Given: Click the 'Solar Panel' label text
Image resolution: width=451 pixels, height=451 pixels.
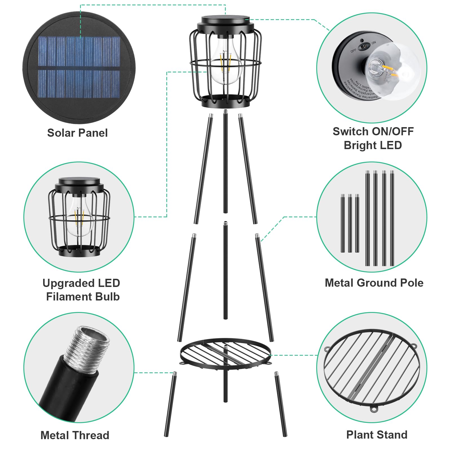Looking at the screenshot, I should pyautogui.click(x=77, y=133).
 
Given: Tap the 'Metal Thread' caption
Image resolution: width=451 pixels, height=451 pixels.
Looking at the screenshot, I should pyautogui.click(x=75, y=435).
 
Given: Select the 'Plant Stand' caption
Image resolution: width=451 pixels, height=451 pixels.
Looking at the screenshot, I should pyautogui.click(x=377, y=435).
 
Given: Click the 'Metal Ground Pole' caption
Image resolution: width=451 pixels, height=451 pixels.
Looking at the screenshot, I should pyautogui.click(x=374, y=283).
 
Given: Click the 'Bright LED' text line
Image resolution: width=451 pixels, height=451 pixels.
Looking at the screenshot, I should pyautogui.click(x=373, y=145).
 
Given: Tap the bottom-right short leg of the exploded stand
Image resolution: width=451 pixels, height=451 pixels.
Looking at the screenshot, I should pyautogui.click(x=281, y=404).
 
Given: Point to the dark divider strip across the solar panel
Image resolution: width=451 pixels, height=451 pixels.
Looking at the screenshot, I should pyautogui.click(x=79, y=68).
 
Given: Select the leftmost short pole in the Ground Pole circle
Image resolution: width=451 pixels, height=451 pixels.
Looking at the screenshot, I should pyautogui.click(x=343, y=223).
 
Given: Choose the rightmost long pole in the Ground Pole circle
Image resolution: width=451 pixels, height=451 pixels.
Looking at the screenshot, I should pyautogui.click(x=392, y=218).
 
